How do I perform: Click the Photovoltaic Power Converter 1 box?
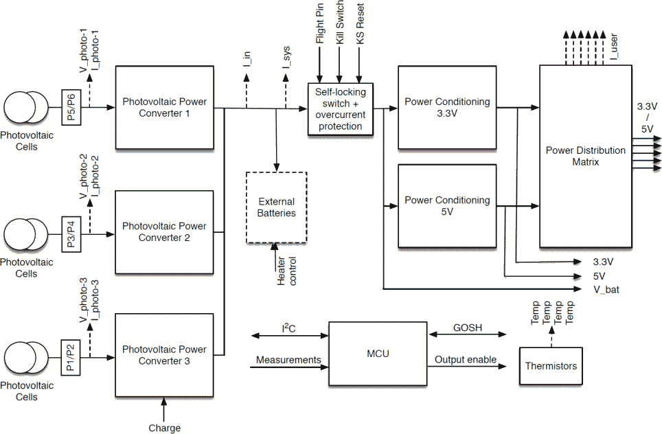[x=164, y=108]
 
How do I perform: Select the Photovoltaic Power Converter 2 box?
[x=164, y=231]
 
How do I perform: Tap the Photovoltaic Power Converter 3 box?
[x=164, y=355]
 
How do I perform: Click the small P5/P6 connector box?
[x=72, y=108]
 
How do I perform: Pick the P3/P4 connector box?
[x=72, y=233]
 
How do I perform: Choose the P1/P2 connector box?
[x=72, y=357]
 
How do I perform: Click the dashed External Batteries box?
[x=276, y=207]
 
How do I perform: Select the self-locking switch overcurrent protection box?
[x=340, y=109]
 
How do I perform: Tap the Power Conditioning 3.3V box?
[x=447, y=108]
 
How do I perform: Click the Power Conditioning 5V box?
[x=447, y=206]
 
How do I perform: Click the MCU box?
[x=378, y=354]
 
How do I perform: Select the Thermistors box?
[x=551, y=366]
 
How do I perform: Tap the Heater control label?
[x=286, y=271]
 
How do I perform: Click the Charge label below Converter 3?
[x=164, y=428]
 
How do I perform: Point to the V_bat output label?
[x=606, y=289]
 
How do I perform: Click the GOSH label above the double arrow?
[x=467, y=328]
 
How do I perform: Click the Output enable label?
[x=466, y=360]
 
